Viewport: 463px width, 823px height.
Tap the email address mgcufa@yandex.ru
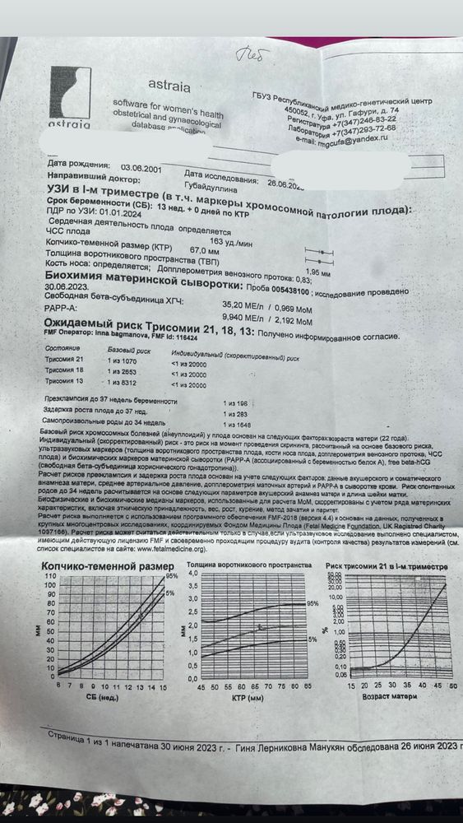click(x=340, y=141)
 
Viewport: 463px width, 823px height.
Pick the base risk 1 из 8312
click(x=126, y=384)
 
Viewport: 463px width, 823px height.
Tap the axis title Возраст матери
click(x=386, y=697)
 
